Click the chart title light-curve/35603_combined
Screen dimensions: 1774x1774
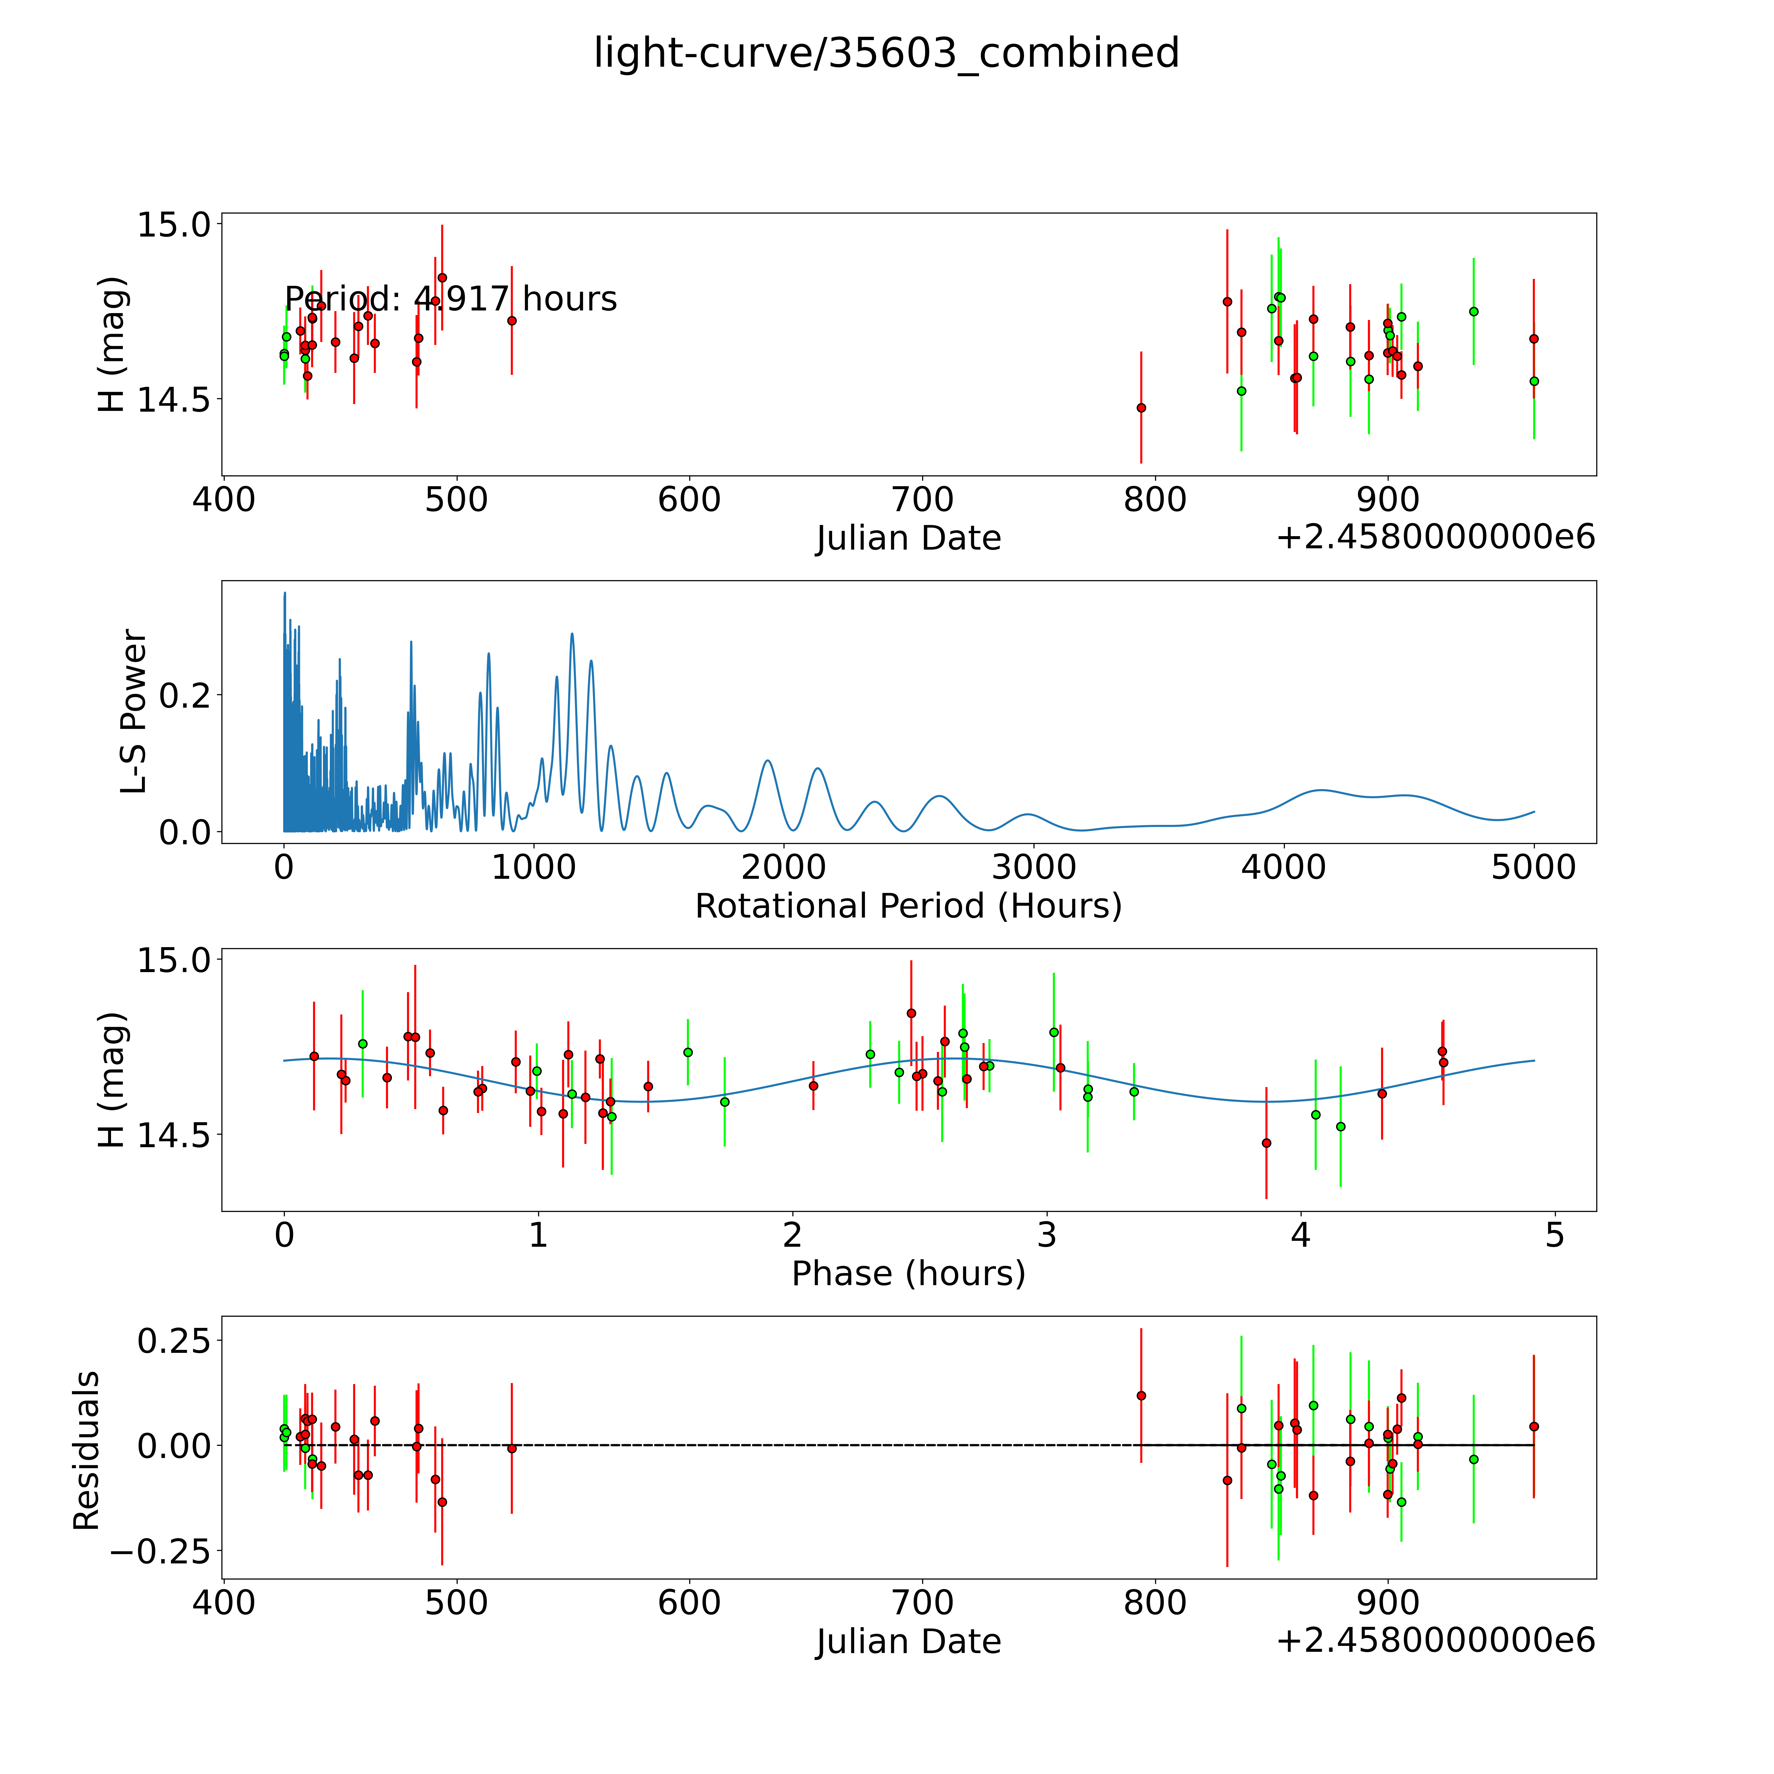pos(886,53)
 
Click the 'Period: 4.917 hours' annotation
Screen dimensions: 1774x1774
pos(450,299)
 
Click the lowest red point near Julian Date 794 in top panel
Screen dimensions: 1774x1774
pos(1140,408)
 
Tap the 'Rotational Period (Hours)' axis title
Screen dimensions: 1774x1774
pos(908,906)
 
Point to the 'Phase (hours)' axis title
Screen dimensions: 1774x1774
pos(908,1274)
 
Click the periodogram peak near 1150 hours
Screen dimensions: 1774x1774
pos(572,634)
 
